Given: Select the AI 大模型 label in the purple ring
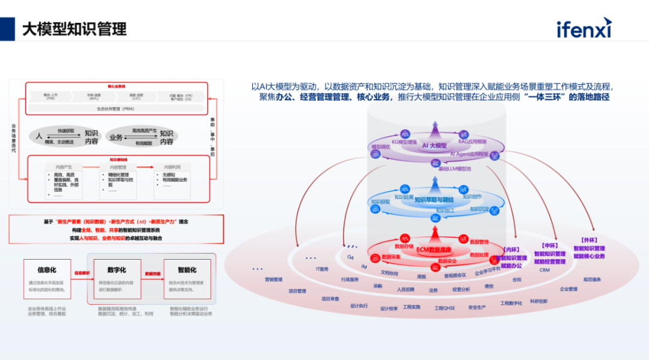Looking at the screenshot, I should (x=434, y=145).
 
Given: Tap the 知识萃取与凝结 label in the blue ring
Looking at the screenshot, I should (x=434, y=200).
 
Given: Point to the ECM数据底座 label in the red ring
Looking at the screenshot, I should (x=434, y=250).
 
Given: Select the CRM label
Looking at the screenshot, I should (x=544, y=270).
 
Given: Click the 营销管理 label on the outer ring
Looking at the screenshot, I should (x=273, y=279).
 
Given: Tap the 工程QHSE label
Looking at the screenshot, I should (x=445, y=308).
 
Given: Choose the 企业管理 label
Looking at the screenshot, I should (x=568, y=289).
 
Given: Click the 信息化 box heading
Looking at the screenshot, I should (x=47, y=270).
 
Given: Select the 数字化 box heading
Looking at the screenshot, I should (x=117, y=270).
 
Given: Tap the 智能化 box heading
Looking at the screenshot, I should (x=186, y=270).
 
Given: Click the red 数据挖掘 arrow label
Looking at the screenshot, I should (x=153, y=273).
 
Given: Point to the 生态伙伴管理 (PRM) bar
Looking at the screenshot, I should (x=115, y=109).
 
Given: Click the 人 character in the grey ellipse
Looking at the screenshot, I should (x=39, y=136).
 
